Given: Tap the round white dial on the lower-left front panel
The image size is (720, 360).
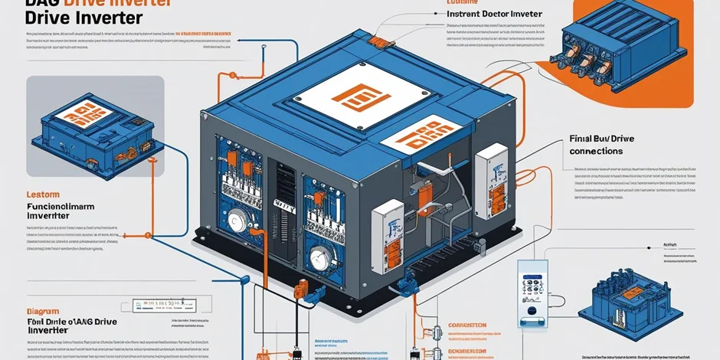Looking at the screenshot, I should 238,221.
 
